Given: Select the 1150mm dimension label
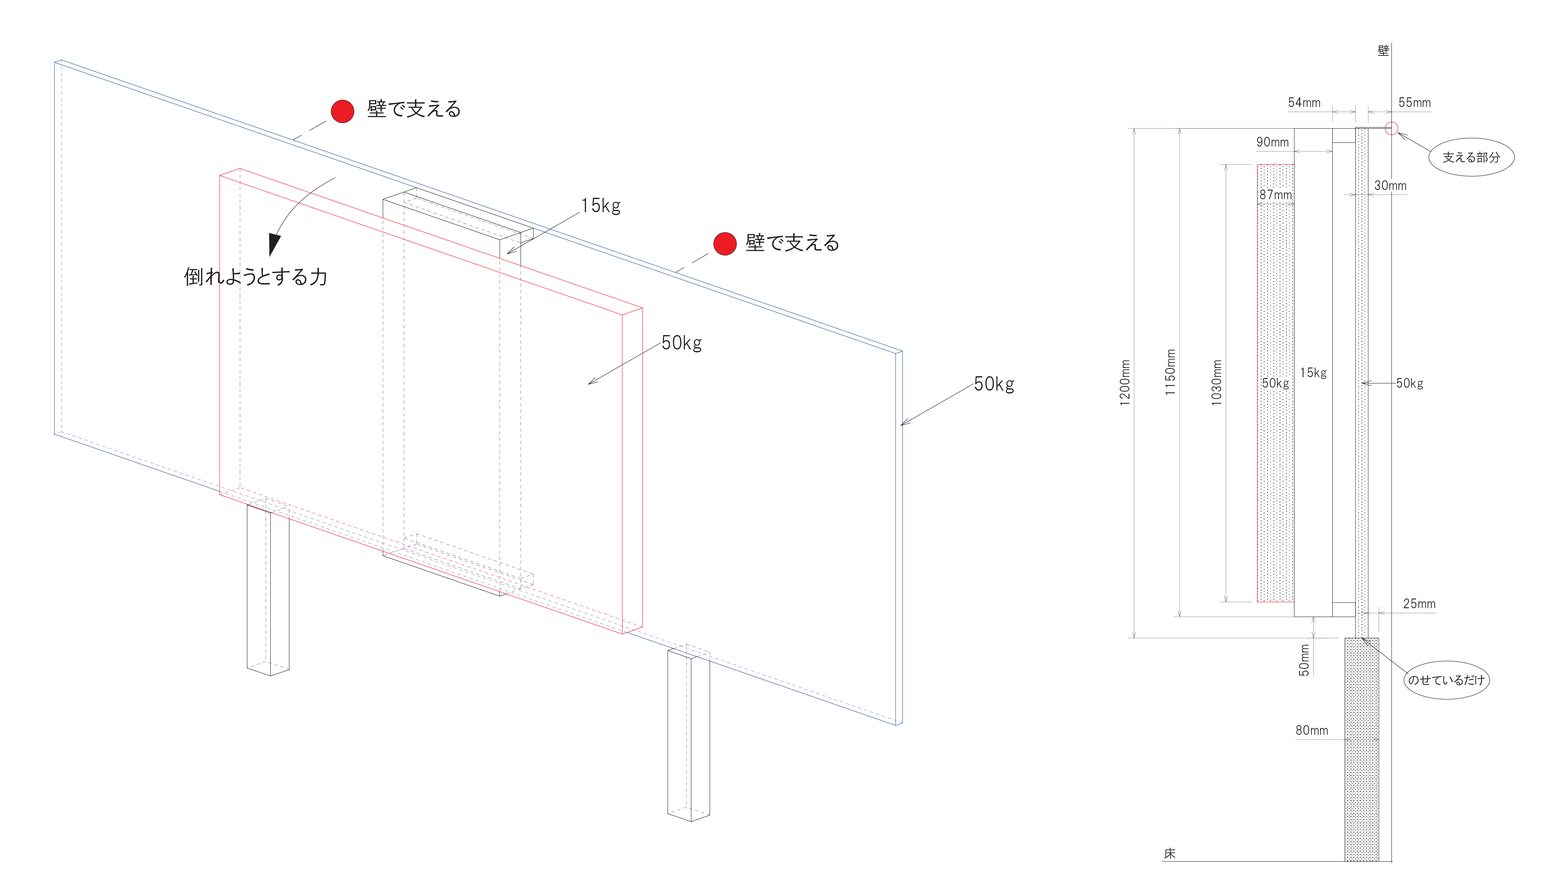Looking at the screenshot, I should tap(1170, 372).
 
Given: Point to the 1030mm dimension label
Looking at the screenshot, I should tap(1216, 383).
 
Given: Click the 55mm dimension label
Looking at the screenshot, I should tap(1414, 102).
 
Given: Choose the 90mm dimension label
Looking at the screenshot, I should tap(1272, 142).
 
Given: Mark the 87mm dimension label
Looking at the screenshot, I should tap(1275, 195).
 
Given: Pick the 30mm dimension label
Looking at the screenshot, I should tap(1390, 186).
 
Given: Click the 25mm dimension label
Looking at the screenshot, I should tap(1419, 603).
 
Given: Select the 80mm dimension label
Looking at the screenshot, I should tap(1312, 730).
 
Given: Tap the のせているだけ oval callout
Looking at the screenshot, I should tap(1446, 680).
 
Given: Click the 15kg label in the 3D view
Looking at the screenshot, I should tap(601, 206).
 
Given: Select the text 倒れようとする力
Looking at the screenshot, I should tap(255, 277).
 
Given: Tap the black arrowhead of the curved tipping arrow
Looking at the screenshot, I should tap(274, 244).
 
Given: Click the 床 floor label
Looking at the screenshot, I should tap(1169, 853).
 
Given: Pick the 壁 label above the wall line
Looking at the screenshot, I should tap(1383, 51).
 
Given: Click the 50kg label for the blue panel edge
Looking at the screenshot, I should tap(994, 384).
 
